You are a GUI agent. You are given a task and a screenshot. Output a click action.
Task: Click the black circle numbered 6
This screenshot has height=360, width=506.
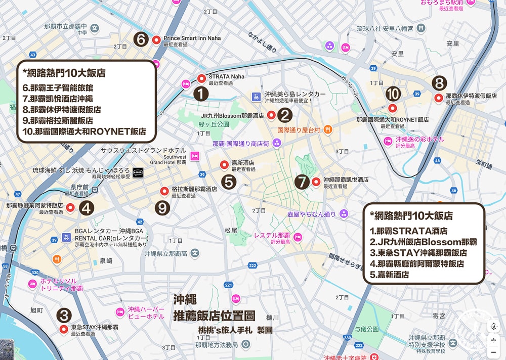point(142,39)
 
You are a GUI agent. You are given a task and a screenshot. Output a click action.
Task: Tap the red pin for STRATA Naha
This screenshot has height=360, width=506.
point(201,78)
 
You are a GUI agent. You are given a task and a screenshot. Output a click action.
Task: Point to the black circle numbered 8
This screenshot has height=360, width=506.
point(439,82)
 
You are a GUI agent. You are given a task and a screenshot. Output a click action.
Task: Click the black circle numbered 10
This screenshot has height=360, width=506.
point(393,94)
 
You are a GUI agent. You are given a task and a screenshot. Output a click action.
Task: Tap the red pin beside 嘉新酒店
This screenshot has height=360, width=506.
point(223,164)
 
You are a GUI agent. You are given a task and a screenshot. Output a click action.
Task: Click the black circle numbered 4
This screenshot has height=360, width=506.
point(87,207)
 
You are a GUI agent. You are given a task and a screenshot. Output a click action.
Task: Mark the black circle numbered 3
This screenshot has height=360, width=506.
point(64,316)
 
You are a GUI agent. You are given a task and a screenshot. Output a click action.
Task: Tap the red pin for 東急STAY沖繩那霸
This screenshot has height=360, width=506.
point(64,329)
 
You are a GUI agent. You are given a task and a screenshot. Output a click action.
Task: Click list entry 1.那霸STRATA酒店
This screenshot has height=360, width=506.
point(408,231)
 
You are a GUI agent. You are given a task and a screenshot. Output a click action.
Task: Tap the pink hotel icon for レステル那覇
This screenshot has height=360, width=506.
point(298,237)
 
